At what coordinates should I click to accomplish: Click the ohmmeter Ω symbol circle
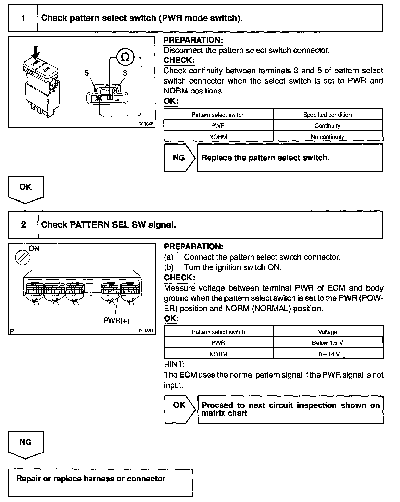pos(125,57)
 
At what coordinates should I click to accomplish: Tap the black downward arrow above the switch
pos(35,52)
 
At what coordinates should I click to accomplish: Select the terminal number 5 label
pos(87,73)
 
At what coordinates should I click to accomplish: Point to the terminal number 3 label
pos(125,73)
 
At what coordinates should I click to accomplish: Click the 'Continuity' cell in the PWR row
pos(327,126)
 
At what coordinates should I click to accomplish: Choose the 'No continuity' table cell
pos(327,137)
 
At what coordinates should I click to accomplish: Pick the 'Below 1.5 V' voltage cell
pos(327,343)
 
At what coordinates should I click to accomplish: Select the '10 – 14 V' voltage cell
pos(327,354)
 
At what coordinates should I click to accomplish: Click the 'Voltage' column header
pos(327,332)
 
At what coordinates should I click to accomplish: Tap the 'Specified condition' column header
pos(327,115)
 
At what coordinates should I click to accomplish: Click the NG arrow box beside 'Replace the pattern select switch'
pos(179,158)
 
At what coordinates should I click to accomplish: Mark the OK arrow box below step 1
pos(26,189)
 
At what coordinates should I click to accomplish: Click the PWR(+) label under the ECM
pos(116,321)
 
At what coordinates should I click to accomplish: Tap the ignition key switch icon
pos(22,258)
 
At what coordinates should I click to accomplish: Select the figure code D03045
pos(146,124)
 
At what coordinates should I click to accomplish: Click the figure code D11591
pos(146,331)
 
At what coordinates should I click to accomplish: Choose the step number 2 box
pos(23,225)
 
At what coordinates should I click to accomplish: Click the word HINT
pos(174,365)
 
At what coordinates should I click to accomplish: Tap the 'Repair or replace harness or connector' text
pos(91,479)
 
